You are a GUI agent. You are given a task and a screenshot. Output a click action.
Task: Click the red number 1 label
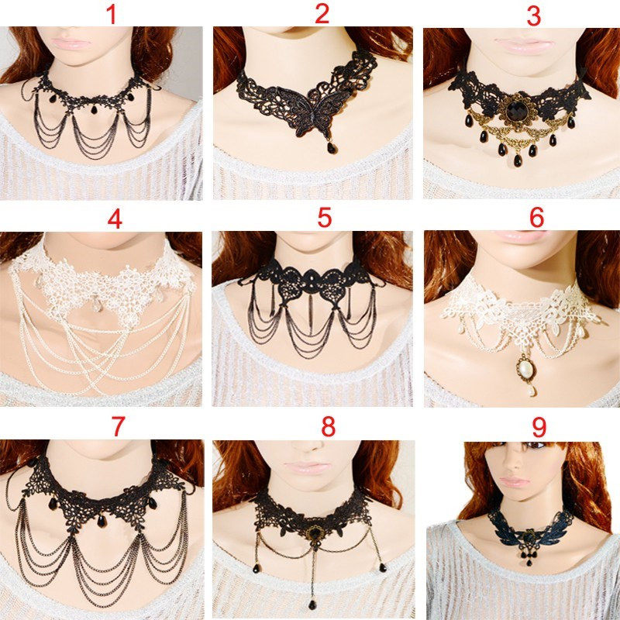click(x=112, y=14)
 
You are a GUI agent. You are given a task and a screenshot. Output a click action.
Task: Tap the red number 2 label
click(x=322, y=14)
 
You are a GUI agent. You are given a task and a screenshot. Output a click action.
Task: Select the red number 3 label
click(x=534, y=16)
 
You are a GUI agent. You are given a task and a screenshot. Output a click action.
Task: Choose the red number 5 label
click(x=325, y=218)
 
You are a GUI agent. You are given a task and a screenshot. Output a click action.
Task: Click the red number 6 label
click(x=536, y=218)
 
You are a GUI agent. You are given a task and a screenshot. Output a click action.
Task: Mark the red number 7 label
click(x=118, y=426)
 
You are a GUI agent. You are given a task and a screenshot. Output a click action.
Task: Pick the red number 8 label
click(x=328, y=426)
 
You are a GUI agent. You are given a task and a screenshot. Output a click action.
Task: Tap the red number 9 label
click(x=539, y=427)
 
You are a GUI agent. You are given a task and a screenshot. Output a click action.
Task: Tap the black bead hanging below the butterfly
click(x=332, y=147)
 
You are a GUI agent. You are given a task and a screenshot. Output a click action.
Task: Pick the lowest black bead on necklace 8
click(x=312, y=604)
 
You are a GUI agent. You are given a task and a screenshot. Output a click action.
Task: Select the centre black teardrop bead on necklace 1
click(x=94, y=109)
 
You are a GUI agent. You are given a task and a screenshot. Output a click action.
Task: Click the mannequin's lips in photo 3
click(x=523, y=46)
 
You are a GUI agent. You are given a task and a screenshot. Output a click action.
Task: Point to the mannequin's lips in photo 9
click(x=514, y=482)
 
